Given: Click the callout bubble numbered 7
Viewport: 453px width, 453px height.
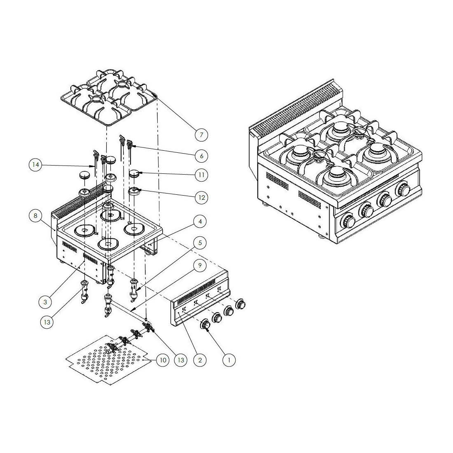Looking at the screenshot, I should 201,134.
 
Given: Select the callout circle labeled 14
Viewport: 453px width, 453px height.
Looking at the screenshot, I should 36,165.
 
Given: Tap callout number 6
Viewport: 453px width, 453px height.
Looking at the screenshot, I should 201,156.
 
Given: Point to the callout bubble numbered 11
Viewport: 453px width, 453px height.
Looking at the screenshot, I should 201,175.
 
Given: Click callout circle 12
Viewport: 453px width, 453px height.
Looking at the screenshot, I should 201,197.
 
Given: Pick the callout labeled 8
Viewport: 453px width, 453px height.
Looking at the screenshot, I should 36,215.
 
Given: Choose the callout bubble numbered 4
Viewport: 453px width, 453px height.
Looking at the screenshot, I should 200,222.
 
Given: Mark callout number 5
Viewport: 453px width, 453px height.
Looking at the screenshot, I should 200,243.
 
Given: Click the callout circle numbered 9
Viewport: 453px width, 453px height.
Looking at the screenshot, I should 200,265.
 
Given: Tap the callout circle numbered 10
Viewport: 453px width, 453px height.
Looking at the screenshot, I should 163,360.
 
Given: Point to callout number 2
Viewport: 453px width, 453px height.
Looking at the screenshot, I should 200,360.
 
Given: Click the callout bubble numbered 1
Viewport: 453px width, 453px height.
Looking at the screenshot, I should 229,360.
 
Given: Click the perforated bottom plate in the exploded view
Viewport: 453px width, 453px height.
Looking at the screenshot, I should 107,360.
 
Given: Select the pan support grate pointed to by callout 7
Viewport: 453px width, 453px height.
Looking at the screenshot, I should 109,99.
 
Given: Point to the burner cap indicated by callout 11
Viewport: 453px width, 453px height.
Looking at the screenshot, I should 135,173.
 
